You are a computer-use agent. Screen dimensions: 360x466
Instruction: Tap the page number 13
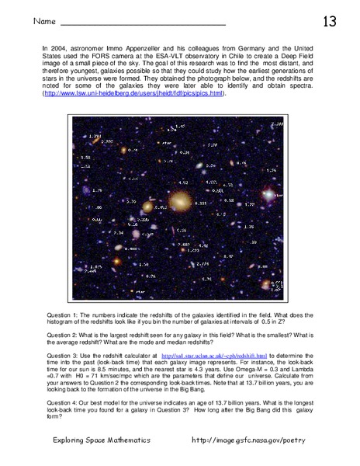click(x=329, y=21)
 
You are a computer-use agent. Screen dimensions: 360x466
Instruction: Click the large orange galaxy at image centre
click(x=181, y=201)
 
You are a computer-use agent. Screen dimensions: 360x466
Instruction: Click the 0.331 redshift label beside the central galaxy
click(x=200, y=203)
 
